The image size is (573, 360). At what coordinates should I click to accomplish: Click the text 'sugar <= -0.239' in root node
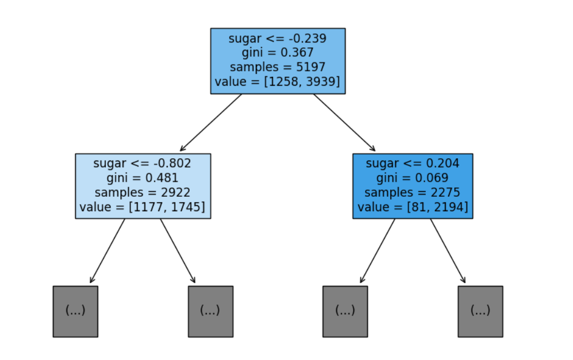[278, 38]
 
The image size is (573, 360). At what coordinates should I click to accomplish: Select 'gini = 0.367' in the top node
[278, 52]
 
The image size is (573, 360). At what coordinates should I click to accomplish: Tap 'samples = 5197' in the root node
[278, 67]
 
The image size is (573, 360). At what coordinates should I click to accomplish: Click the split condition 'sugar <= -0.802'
[142, 163]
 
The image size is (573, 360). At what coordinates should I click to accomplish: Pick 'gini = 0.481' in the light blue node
[142, 178]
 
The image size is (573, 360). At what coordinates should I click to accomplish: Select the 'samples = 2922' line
[142, 192]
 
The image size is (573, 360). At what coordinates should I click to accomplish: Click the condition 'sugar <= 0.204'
[412, 163]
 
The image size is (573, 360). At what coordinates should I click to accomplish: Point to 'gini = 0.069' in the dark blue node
[412, 178]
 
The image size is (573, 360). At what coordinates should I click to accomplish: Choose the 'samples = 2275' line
[412, 192]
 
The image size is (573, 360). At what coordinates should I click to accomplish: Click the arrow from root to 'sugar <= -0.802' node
[211, 123]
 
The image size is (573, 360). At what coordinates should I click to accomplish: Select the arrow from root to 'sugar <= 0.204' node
[344, 123]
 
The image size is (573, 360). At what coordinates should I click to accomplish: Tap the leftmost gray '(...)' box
[75, 312]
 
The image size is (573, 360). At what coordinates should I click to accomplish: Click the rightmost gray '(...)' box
[480, 312]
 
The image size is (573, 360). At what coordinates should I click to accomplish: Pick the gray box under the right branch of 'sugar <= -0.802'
[211, 312]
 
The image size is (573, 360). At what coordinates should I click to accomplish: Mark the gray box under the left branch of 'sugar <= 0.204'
[345, 312]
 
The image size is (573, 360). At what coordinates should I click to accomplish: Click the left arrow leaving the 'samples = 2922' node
[108, 251]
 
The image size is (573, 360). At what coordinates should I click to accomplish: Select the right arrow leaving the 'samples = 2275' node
[448, 251]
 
